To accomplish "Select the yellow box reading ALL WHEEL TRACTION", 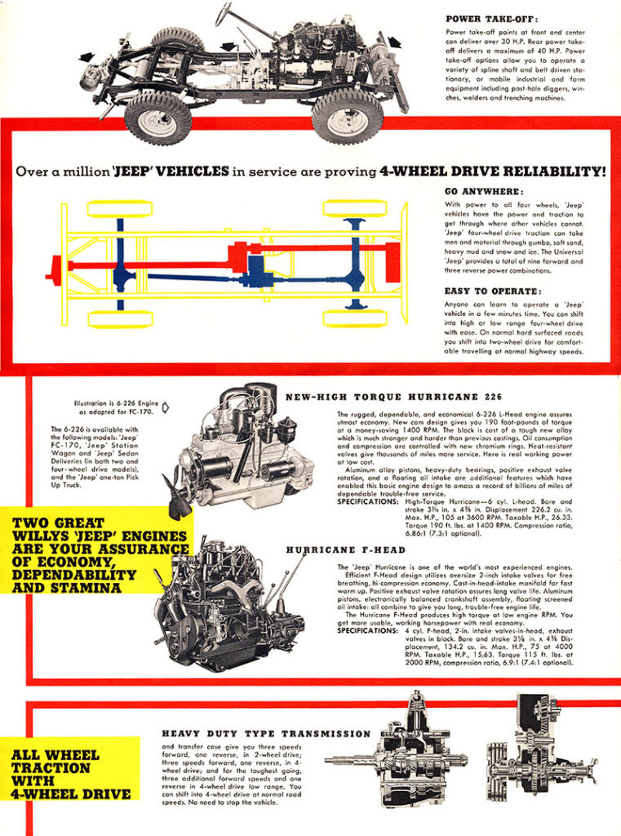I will (71, 774).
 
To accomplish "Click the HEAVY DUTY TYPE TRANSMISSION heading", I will (266, 734).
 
